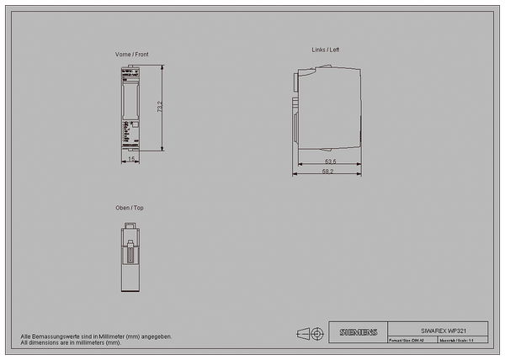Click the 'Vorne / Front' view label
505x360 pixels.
[132, 54]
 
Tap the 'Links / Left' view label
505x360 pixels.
[326, 50]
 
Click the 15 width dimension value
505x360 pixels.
[131, 158]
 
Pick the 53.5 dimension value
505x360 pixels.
[330, 161]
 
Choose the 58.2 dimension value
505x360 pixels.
[327, 172]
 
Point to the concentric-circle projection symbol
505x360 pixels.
[317, 334]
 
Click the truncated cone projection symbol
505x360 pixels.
[304, 334]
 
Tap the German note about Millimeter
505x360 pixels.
[97, 336]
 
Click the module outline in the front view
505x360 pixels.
[130, 109]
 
